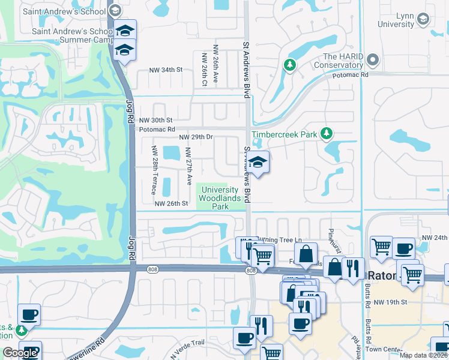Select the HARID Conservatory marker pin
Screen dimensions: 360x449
[x=373, y=60]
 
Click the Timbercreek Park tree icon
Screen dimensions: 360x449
[x=327, y=133]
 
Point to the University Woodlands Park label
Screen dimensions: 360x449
[x=219, y=198]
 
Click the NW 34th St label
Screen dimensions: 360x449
[x=164, y=70]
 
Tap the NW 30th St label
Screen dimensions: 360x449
[x=156, y=120]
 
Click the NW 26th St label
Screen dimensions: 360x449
[x=172, y=203]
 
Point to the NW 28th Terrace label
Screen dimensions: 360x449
[x=154, y=170]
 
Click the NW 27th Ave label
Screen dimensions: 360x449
[x=188, y=166]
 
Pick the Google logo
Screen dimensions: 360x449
[x=20, y=352]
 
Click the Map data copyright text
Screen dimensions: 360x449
[x=423, y=355]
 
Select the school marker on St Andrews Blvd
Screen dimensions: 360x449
[x=258, y=163]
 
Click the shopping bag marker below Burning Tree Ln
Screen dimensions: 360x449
[x=306, y=254]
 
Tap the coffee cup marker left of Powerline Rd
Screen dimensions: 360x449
[x=28, y=314]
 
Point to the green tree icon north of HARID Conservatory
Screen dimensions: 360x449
[x=290, y=64]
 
